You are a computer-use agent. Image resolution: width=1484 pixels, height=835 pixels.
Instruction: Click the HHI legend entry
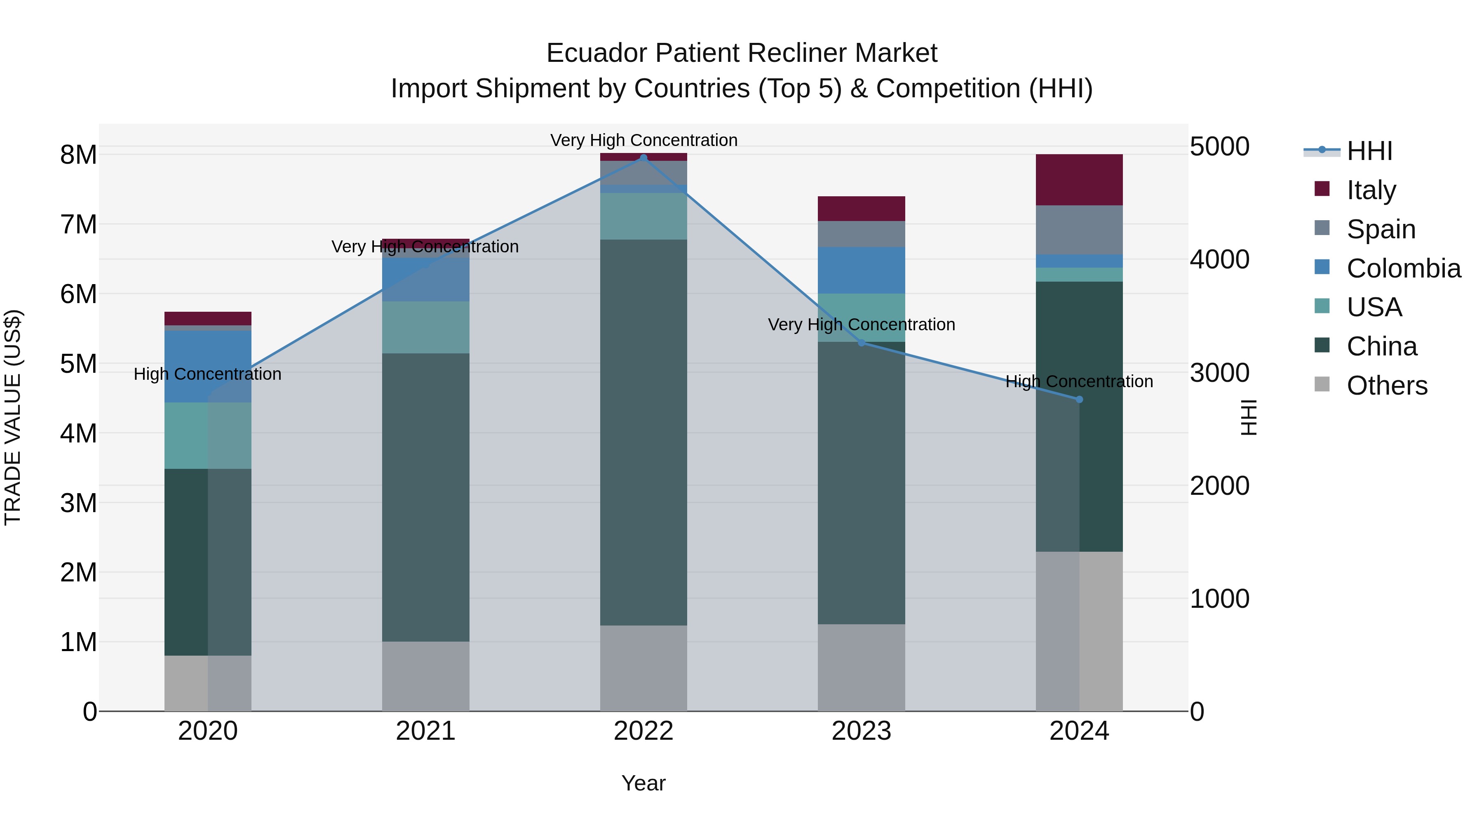(1369, 151)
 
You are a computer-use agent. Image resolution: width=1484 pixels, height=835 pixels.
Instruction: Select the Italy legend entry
(1371, 190)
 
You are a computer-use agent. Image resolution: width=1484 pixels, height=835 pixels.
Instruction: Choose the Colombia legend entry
(1403, 268)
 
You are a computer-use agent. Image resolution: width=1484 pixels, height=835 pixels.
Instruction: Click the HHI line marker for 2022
(643, 158)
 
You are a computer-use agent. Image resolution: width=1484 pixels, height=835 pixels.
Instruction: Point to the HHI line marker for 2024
(1079, 399)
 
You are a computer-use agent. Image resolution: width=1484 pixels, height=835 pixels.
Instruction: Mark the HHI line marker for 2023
(861, 343)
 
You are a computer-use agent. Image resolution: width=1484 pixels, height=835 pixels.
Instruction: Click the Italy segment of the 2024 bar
(1079, 180)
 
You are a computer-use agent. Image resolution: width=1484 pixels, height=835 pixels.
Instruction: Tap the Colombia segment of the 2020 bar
(208, 367)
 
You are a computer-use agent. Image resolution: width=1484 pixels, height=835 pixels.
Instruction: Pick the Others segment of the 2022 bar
(643, 668)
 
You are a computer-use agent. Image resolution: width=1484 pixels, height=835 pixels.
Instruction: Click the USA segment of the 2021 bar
(426, 327)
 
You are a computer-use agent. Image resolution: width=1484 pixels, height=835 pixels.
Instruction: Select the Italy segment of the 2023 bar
(861, 209)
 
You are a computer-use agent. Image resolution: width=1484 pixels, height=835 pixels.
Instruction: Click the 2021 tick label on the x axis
(426, 731)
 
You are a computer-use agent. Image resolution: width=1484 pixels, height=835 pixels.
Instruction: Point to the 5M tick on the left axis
(78, 364)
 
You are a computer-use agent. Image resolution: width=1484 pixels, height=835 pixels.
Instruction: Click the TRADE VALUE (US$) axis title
(13, 417)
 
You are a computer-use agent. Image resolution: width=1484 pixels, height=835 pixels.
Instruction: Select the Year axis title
(643, 783)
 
